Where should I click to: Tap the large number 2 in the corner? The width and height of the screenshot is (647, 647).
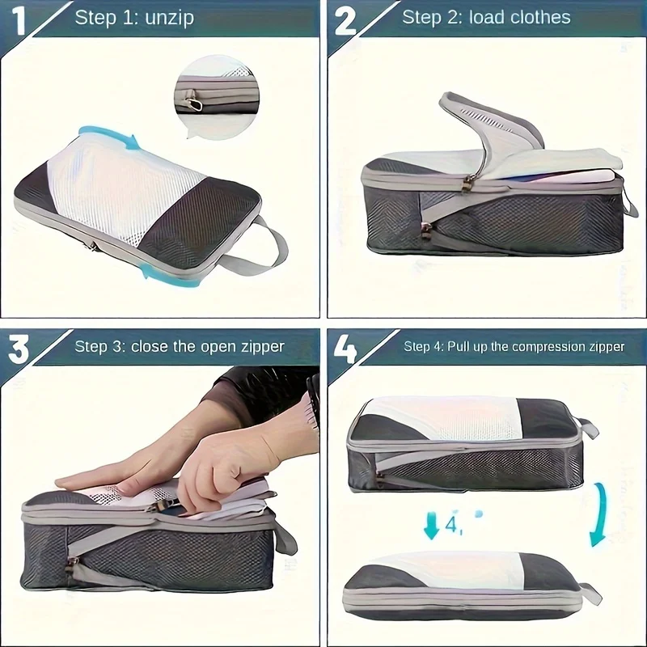345,21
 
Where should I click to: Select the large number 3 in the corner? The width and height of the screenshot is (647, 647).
19,349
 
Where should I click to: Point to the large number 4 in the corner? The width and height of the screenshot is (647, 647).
345,349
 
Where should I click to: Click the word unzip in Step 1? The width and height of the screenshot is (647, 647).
170,19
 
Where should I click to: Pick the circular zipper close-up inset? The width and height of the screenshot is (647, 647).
217,98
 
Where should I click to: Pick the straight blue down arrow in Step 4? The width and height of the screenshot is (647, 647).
432,525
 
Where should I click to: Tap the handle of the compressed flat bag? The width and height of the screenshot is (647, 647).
591,593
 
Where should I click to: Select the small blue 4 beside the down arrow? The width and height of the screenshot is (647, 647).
453,524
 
